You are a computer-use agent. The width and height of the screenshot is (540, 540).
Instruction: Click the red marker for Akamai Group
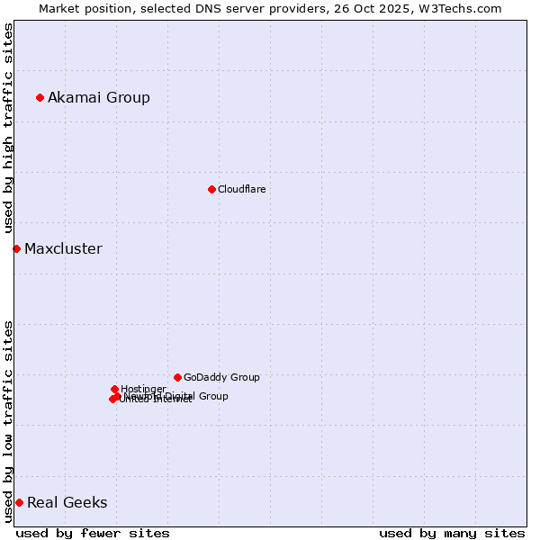pyautogui.click(x=40, y=97)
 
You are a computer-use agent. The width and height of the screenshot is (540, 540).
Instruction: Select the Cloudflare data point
pyautogui.click(x=211, y=189)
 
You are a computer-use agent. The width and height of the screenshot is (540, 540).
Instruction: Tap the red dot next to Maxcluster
pyautogui.click(x=16, y=248)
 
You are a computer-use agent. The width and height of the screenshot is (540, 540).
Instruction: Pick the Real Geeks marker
pyautogui.click(x=19, y=502)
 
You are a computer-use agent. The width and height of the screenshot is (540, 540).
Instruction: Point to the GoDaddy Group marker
pyautogui.click(x=177, y=377)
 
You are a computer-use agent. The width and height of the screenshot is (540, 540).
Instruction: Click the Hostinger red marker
pyautogui.click(x=114, y=389)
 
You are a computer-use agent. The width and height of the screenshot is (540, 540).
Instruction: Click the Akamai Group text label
pyautogui.click(x=99, y=97)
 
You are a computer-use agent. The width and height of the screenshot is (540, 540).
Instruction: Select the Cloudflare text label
pyautogui.click(x=241, y=189)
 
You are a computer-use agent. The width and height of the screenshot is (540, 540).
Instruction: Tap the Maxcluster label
pyautogui.click(x=63, y=248)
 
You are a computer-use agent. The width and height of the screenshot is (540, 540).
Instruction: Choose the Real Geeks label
pyautogui.click(x=67, y=502)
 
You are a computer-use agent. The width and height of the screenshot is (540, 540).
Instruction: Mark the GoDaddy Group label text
pyautogui.click(x=221, y=377)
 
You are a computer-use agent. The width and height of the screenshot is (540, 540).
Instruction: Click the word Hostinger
pyautogui.click(x=143, y=389)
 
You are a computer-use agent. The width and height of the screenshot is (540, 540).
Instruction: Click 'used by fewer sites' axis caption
pyautogui.click(x=93, y=533)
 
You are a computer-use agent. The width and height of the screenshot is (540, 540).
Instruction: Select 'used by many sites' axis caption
pyautogui.click(x=452, y=533)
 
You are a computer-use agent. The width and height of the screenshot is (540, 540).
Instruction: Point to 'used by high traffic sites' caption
pyautogui.click(x=8, y=128)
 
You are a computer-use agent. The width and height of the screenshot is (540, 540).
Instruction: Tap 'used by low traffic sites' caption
pyautogui.click(x=8, y=420)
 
